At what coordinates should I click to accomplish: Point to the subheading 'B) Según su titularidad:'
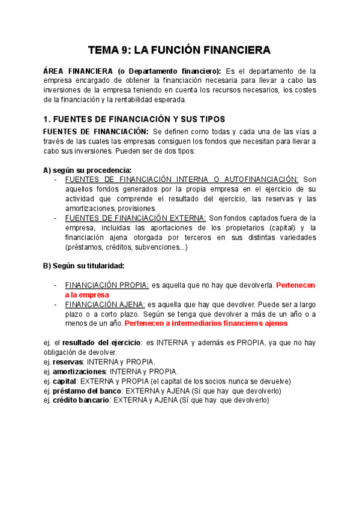[x=84, y=265]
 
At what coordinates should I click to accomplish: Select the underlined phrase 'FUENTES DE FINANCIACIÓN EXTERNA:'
[x=136, y=218]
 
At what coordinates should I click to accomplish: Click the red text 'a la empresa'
[x=87, y=295]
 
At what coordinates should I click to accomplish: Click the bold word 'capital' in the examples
[x=65, y=381]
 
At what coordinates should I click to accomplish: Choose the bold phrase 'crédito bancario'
[x=81, y=400]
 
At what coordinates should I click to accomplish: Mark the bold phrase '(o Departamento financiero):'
[x=170, y=70]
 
